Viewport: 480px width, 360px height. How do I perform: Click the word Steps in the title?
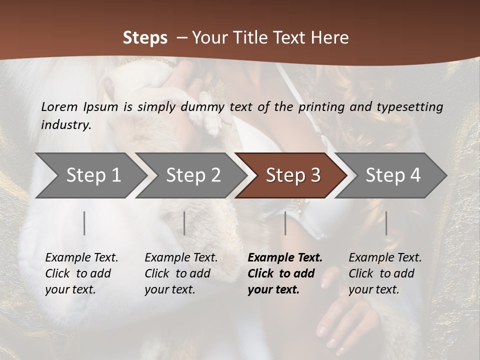145,38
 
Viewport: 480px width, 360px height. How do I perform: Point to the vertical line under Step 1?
84,223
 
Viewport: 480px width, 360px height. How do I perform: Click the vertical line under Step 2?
184,223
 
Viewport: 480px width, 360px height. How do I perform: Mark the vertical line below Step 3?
285,223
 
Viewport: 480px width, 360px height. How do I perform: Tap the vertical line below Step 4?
386,223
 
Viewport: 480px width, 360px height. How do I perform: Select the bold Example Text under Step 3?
285,273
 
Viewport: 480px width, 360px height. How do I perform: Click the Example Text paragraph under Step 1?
81,273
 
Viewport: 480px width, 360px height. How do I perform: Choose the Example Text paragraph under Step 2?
181,273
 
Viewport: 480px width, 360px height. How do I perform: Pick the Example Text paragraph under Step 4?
385,273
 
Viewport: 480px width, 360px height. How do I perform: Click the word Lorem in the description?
59,106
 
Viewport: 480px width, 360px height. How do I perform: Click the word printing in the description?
320,107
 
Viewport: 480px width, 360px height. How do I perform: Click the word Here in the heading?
330,38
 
